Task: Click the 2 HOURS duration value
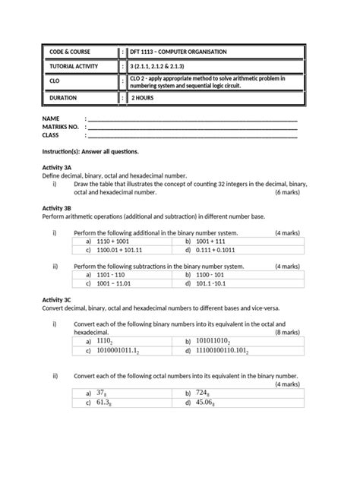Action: pos(144,98)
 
